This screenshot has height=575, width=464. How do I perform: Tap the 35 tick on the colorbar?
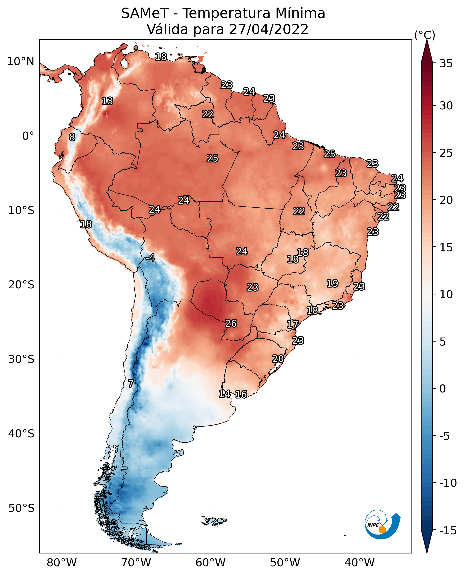point(446,64)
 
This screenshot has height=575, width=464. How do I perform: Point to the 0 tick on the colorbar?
point(443,388)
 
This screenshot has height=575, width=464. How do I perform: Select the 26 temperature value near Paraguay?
point(231,324)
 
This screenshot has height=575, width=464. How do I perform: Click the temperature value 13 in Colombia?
point(107,101)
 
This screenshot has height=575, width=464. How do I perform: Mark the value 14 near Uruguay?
point(224,394)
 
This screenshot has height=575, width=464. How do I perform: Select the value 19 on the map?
point(333,283)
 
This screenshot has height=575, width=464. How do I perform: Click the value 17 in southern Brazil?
point(293,325)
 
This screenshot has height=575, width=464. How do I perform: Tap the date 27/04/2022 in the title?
point(269,29)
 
